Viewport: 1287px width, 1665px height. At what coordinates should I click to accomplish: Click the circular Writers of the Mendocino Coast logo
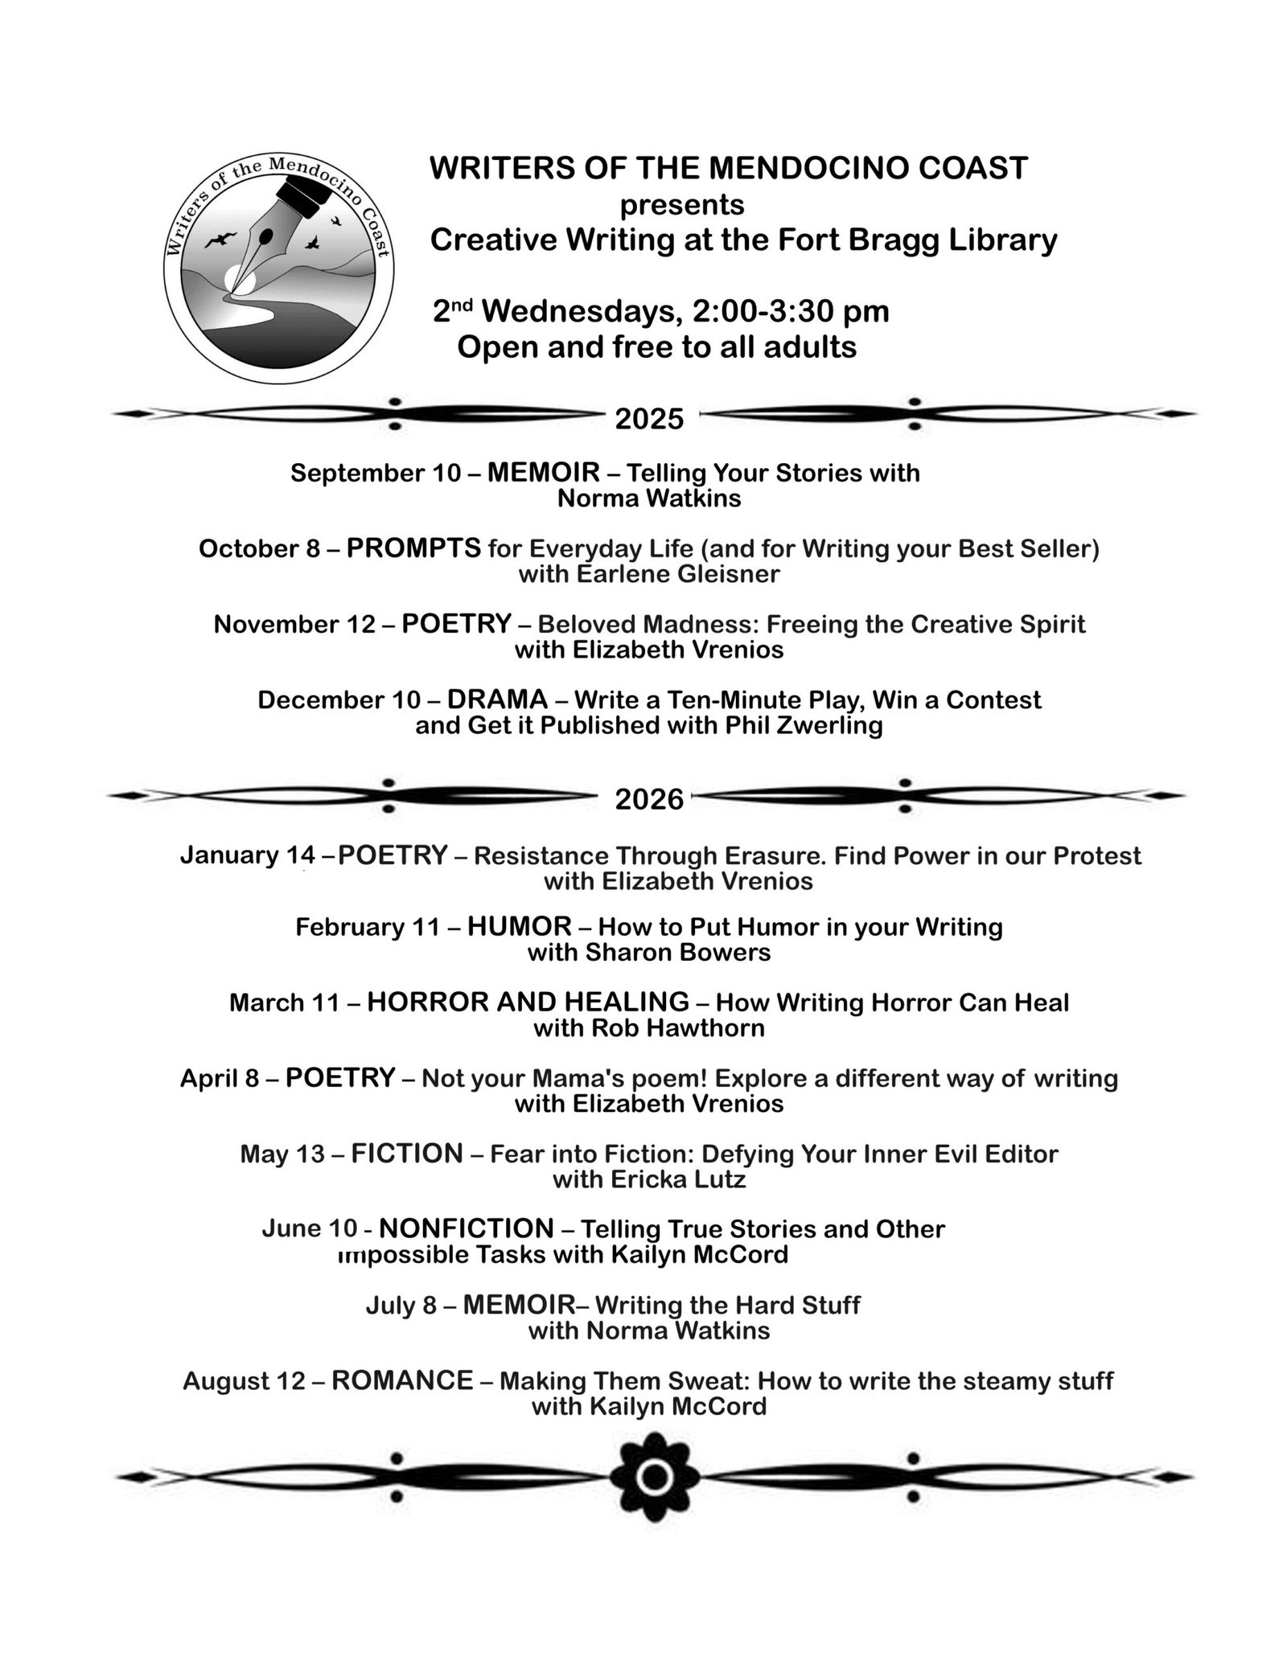(x=278, y=266)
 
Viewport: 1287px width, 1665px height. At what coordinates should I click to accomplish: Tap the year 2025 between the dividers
(x=649, y=419)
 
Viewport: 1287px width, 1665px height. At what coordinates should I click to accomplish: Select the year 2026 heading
(x=649, y=799)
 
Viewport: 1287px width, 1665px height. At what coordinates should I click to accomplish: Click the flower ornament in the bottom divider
(x=655, y=1476)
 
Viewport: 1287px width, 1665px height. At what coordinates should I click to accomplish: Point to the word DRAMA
(x=497, y=699)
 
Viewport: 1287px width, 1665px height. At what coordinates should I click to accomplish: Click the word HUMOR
(x=519, y=926)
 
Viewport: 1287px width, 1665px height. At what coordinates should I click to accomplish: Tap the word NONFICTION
(x=466, y=1228)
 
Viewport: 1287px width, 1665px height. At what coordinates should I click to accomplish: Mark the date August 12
(x=244, y=1381)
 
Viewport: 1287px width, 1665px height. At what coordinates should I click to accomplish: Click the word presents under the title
(x=681, y=205)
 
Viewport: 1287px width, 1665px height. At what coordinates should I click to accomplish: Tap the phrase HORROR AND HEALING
(x=528, y=1002)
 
